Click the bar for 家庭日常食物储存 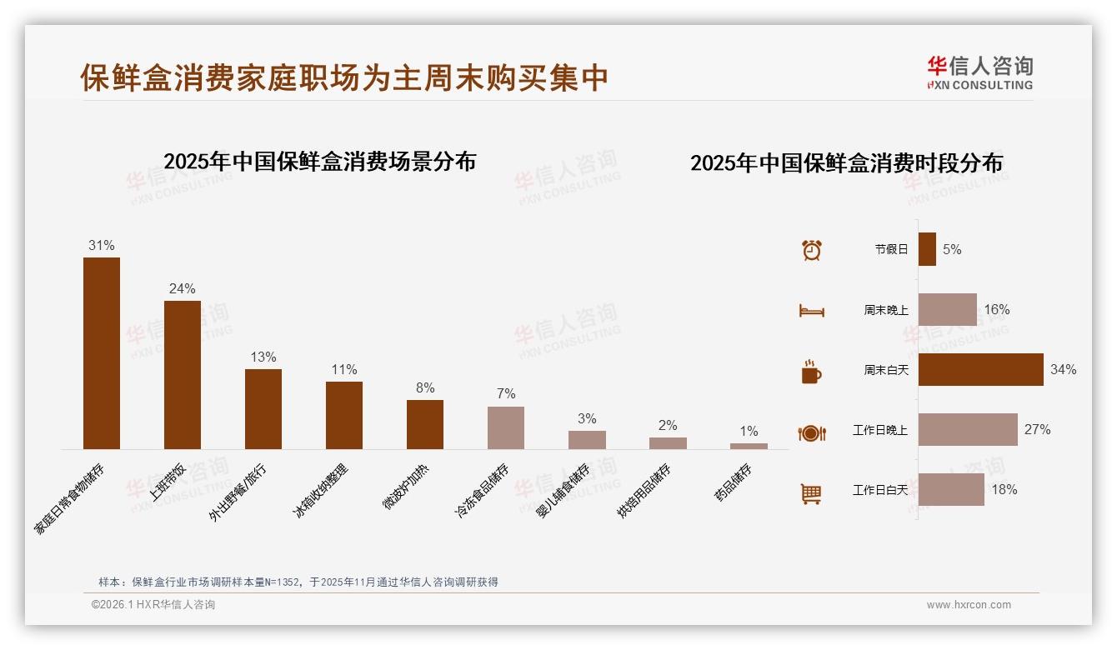[x=102, y=353]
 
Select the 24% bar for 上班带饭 [x=183, y=375]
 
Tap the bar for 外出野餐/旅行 [x=263, y=409]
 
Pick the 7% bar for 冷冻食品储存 [x=506, y=428]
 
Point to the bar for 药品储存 [x=749, y=446]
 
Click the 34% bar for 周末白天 [x=981, y=369]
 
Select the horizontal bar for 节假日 [x=927, y=249]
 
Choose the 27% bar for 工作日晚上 [x=968, y=429]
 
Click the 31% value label [x=102, y=246]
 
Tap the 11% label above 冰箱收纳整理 [x=344, y=369]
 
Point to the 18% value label [x=1004, y=490]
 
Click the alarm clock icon [x=811, y=249]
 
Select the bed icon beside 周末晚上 [x=811, y=310]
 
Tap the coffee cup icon [x=811, y=372]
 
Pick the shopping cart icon [x=811, y=493]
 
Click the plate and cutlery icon [x=811, y=432]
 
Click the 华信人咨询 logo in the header [x=980, y=73]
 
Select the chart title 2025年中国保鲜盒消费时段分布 [x=846, y=162]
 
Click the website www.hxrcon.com [x=969, y=605]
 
